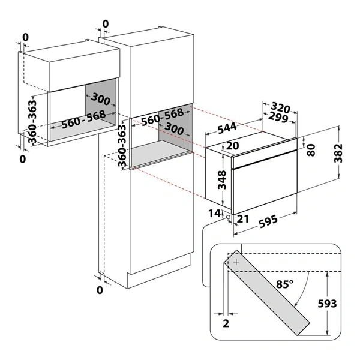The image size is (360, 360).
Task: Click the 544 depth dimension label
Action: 227,128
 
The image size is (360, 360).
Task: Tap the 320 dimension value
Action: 280,107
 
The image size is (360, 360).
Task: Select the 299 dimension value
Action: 278,118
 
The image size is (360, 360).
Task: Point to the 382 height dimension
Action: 338,153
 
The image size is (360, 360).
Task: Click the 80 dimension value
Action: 311,150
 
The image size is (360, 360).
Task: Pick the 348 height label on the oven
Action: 222,180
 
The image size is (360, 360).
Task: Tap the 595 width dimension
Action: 268,222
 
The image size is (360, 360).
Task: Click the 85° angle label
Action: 284,284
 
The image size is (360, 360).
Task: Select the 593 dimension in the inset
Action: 327,304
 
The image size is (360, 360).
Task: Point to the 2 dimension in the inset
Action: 226,323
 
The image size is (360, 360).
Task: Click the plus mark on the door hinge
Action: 236,262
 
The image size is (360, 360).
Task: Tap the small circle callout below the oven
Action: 228,217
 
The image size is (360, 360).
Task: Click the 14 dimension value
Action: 214,214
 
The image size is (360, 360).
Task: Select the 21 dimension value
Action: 243,219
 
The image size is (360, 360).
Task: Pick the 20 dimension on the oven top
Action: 233,146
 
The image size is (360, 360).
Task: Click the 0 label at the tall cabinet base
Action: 100,290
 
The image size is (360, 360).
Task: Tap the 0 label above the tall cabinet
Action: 106,24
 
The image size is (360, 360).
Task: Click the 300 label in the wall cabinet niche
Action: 100,99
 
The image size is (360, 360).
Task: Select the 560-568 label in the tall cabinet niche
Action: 163,117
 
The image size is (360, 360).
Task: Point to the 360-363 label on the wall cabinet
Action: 32,121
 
